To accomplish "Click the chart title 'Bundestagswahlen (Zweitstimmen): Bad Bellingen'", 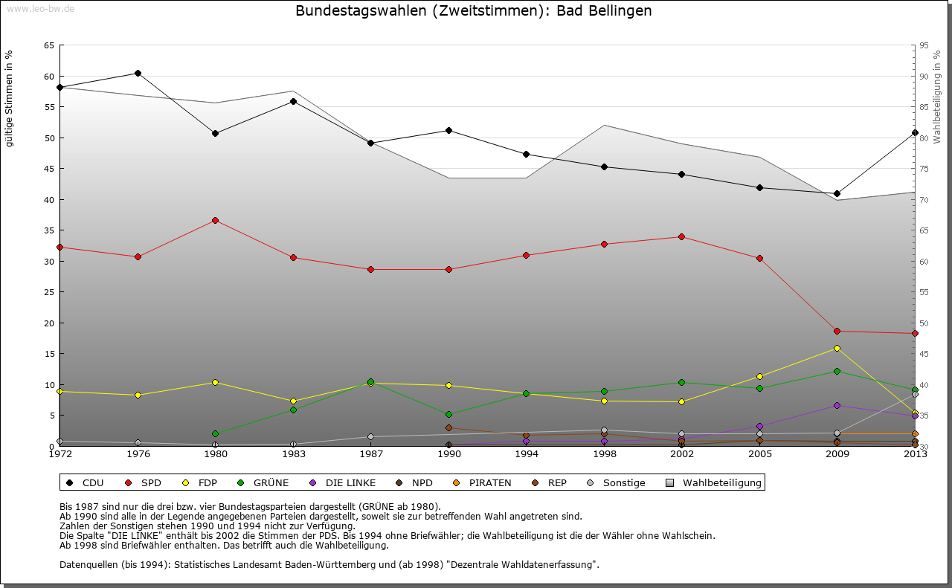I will click(x=474, y=11).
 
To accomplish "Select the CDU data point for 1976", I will click(x=138, y=73).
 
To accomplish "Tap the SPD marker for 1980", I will click(x=215, y=220).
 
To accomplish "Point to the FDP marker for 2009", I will click(x=837, y=348).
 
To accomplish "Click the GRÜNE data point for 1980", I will click(x=215, y=433).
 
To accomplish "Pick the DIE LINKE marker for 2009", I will click(x=837, y=405).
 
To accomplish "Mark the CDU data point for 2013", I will click(x=915, y=132).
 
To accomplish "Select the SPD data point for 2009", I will click(x=837, y=331).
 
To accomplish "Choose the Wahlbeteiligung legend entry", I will click(x=715, y=483).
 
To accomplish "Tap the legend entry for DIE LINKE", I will click(x=343, y=483).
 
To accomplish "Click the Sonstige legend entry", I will click(x=617, y=483).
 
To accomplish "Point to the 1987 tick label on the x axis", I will click(x=370, y=455).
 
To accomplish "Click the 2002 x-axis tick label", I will click(x=681, y=455).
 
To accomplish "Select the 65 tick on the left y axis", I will click(x=49, y=45).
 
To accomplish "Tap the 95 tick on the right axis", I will click(x=924, y=45).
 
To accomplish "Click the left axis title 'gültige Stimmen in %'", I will click(x=10, y=99).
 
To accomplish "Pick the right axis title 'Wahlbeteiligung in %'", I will click(x=937, y=97).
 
